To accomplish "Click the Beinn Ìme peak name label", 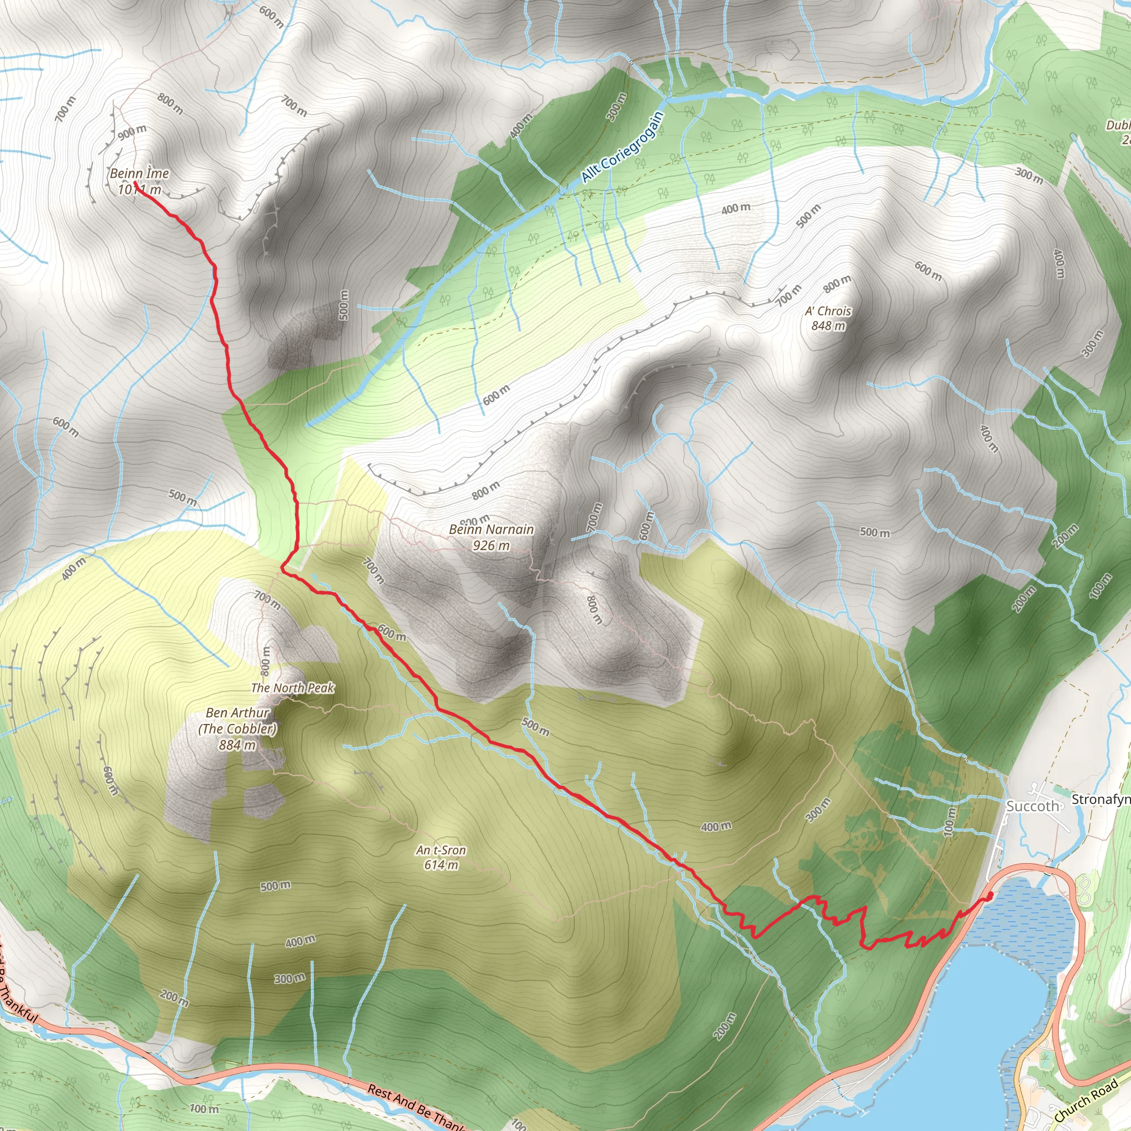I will click(139, 173).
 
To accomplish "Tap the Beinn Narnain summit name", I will click(491, 529).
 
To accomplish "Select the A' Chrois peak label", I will click(828, 311).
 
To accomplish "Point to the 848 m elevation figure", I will click(828, 325).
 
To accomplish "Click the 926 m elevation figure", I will click(491, 546).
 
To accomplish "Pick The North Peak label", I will click(292, 688).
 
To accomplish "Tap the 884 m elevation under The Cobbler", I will click(237, 745).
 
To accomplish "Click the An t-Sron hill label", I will click(441, 850).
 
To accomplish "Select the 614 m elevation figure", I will click(441, 865).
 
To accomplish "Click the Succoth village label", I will click(1033, 806).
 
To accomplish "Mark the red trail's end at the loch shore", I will click(989, 896).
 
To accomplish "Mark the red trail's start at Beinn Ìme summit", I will click(136, 183).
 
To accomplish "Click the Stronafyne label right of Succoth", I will click(1101, 799).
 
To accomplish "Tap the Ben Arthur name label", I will click(237, 713).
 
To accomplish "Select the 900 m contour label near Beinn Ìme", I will click(133, 133).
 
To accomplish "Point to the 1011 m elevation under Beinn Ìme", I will click(139, 189).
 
